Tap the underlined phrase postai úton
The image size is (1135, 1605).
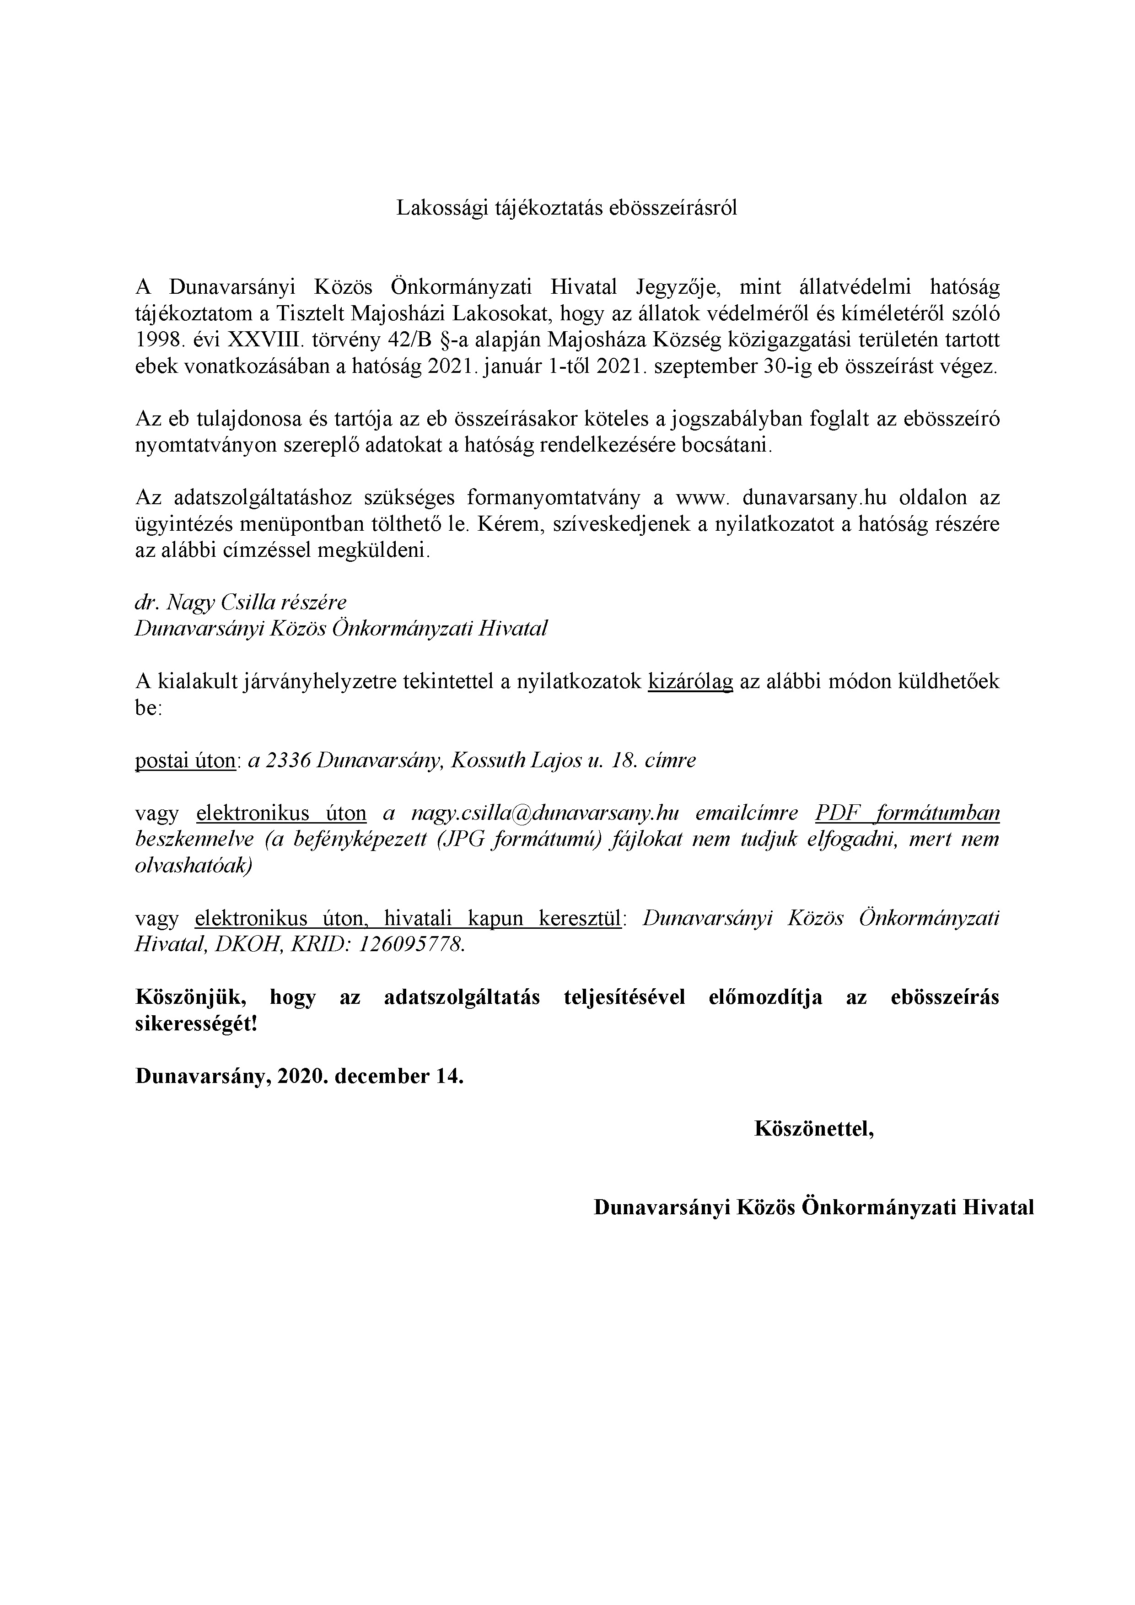click(184, 760)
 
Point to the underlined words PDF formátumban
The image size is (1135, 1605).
click(907, 813)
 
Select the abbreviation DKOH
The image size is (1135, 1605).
click(250, 945)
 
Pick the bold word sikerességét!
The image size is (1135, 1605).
click(196, 1024)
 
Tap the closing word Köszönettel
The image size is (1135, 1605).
click(813, 1129)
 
